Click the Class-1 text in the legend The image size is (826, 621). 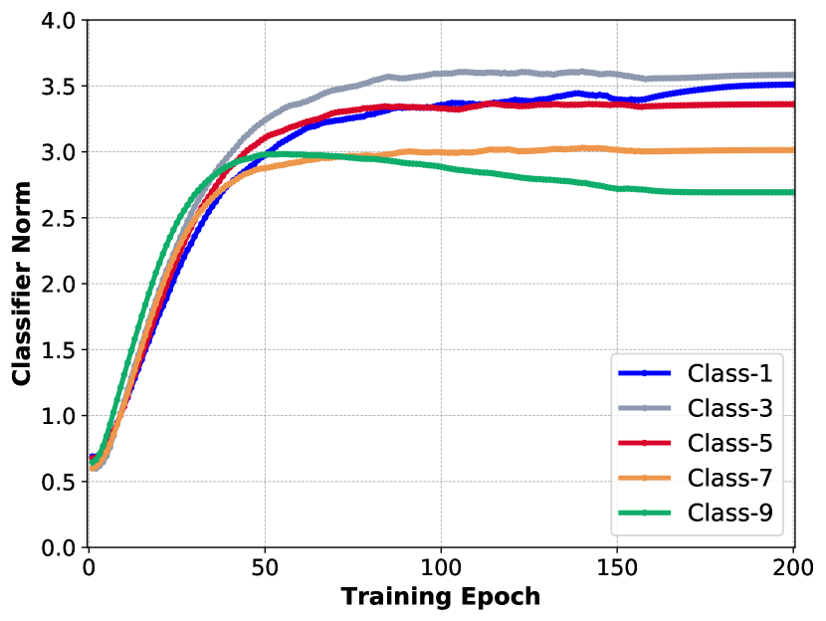click(x=729, y=374)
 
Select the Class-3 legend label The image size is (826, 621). click(x=729, y=409)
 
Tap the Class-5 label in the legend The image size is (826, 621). click(x=729, y=444)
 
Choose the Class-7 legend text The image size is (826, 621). click(x=729, y=479)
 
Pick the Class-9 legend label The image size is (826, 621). click(x=729, y=514)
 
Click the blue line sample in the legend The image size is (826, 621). click(x=645, y=374)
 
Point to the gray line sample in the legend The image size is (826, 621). click(x=645, y=409)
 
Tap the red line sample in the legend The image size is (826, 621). click(x=645, y=444)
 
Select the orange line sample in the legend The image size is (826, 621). click(x=645, y=479)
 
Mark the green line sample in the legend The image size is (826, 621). click(x=645, y=514)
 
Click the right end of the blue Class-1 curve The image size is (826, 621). click(x=792, y=85)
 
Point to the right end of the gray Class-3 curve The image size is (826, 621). click(x=792, y=75)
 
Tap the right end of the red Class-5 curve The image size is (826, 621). click(x=792, y=103)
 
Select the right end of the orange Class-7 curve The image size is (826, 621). click(x=792, y=150)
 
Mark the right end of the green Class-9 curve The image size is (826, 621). click(x=792, y=192)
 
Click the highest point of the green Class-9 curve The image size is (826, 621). click(x=274, y=153)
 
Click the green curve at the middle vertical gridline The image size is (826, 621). click(x=441, y=167)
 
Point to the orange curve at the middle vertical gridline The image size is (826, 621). click(x=441, y=152)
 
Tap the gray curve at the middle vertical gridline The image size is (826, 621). click(x=441, y=73)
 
